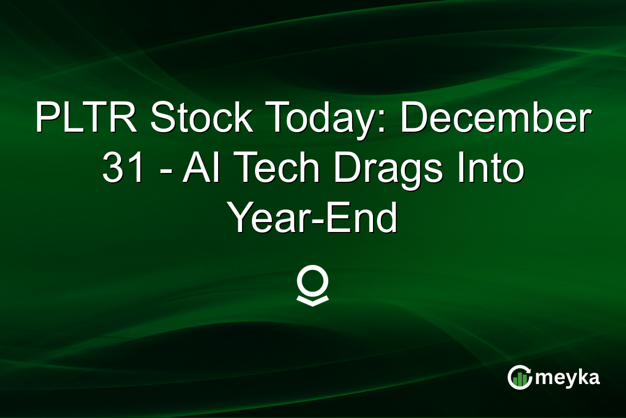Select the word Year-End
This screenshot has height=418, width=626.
coord(313,219)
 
